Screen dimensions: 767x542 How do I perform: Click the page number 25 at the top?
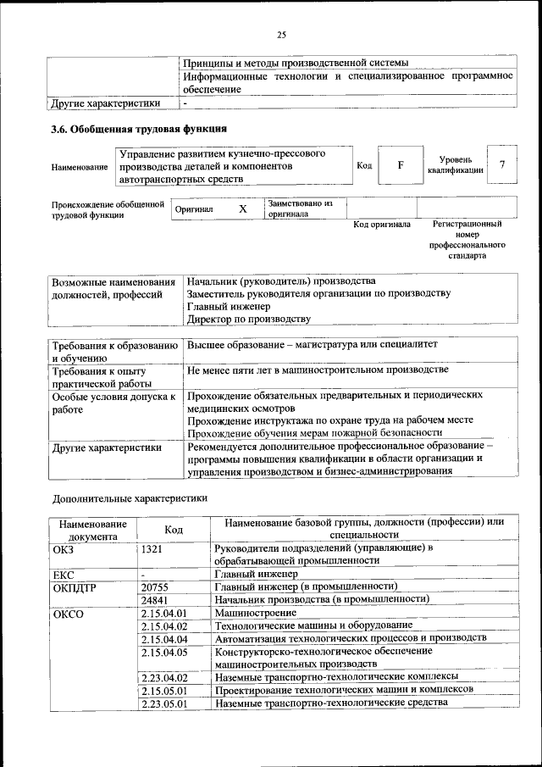click(281, 34)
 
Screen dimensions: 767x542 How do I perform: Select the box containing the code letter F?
click(401, 164)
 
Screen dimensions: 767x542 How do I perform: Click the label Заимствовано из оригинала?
click(301, 208)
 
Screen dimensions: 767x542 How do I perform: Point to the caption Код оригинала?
click(382, 225)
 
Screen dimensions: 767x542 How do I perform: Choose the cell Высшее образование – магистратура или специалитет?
click(312, 346)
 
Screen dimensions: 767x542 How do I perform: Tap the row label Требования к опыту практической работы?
click(100, 377)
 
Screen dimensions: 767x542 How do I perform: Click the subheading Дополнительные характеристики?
click(130, 499)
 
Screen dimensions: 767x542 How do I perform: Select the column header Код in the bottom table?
click(174, 529)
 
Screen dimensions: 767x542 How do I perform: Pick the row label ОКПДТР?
click(73, 586)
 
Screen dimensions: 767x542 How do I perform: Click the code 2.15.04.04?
click(164, 638)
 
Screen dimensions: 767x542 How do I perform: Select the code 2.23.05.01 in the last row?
click(164, 703)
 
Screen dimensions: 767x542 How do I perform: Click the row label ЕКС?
click(64, 574)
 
